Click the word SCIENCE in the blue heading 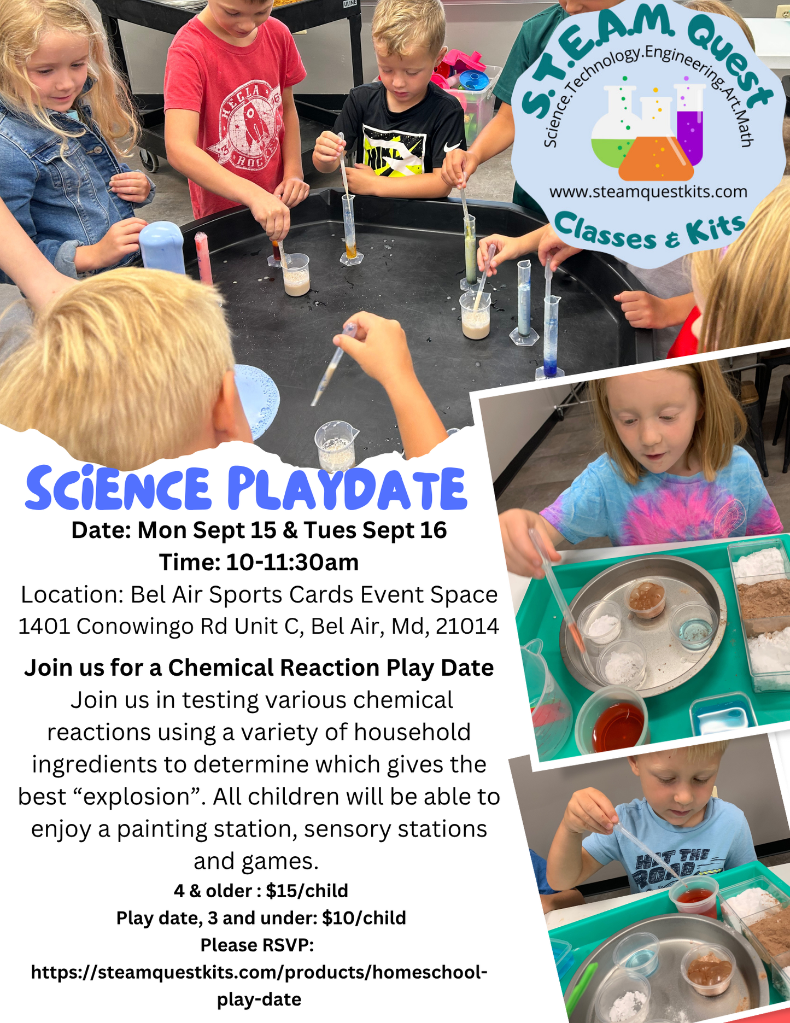(x=118, y=488)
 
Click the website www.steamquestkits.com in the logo (x=648, y=192)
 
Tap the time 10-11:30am (x=292, y=563)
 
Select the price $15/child (x=307, y=891)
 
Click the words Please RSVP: (x=257, y=945)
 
